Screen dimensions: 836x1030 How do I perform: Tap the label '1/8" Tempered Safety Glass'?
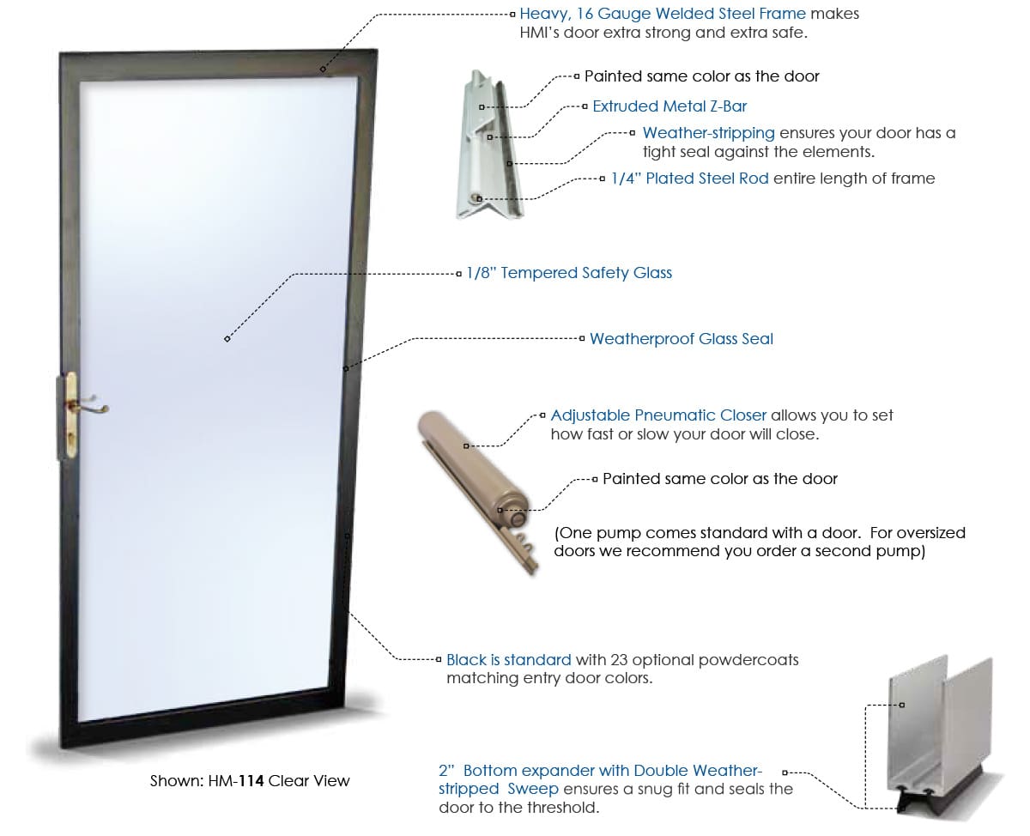click(x=569, y=273)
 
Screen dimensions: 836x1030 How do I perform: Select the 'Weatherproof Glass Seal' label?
click(x=681, y=339)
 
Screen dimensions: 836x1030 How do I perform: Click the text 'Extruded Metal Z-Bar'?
click(x=669, y=106)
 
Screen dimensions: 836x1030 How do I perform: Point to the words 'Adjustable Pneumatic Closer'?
click(x=658, y=415)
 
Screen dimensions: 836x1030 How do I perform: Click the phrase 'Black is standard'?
click(x=508, y=660)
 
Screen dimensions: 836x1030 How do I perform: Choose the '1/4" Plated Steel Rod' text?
click(x=690, y=179)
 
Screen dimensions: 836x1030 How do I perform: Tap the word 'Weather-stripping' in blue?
click(x=708, y=133)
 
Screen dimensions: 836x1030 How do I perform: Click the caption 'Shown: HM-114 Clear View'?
click(x=250, y=781)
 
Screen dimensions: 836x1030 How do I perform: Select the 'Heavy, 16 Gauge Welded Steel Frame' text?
click(x=662, y=14)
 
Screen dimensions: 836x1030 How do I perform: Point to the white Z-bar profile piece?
click(x=485, y=146)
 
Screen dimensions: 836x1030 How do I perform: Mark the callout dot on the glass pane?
click(x=227, y=339)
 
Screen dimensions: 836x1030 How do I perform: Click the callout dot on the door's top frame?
click(x=324, y=69)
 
